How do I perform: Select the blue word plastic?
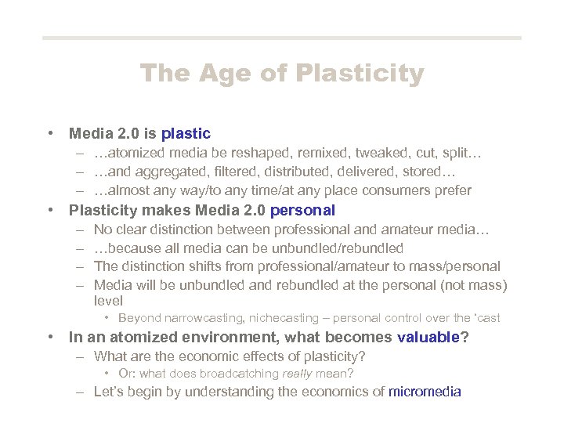pos(186,134)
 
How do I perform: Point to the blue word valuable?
pos(428,338)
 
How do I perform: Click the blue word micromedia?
pos(425,392)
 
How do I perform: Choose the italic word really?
pos(298,374)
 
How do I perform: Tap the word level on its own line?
pos(108,301)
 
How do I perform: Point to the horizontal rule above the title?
pos(281,38)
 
